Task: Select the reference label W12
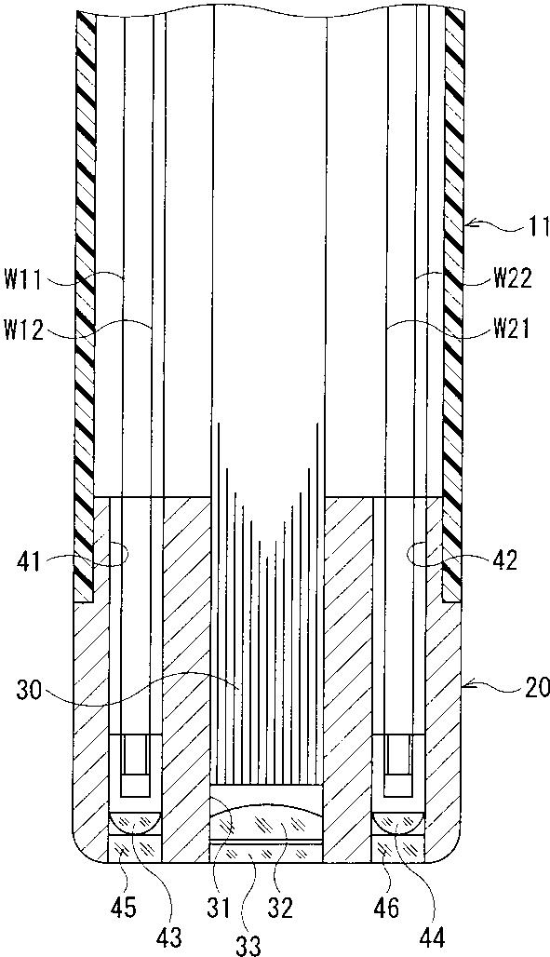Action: pyautogui.click(x=23, y=330)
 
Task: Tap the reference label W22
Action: pyautogui.click(x=513, y=280)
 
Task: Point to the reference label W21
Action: pyautogui.click(x=513, y=330)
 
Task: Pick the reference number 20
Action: pyautogui.click(x=536, y=689)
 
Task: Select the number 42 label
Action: pyautogui.click(x=504, y=559)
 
